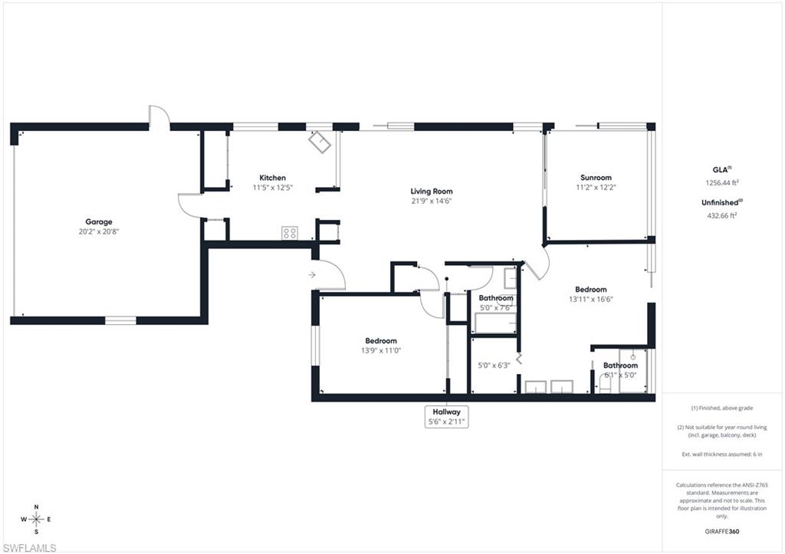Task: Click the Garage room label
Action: coord(98,221)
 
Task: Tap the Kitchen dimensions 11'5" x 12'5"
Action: coord(273,187)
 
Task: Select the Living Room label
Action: coord(432,192)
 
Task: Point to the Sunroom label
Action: coord(596,178)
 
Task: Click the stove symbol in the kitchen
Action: coord(290,233)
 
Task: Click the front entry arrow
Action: coord(312,274)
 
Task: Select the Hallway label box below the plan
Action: coord(446,416)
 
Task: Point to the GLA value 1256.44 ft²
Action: coord(721,183)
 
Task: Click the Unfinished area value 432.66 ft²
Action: coord(721,215)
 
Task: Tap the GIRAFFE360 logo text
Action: coord(721,531)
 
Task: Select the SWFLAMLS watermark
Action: coord(30,547)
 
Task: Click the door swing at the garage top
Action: coord(159,115)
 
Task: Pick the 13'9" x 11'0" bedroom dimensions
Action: coord(381,350)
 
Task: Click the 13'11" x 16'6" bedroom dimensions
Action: coord(591,300)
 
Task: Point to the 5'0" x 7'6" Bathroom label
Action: coord(496,303)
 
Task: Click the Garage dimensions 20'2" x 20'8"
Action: coord(98,231)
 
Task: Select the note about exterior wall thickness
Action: coord(721,454)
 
